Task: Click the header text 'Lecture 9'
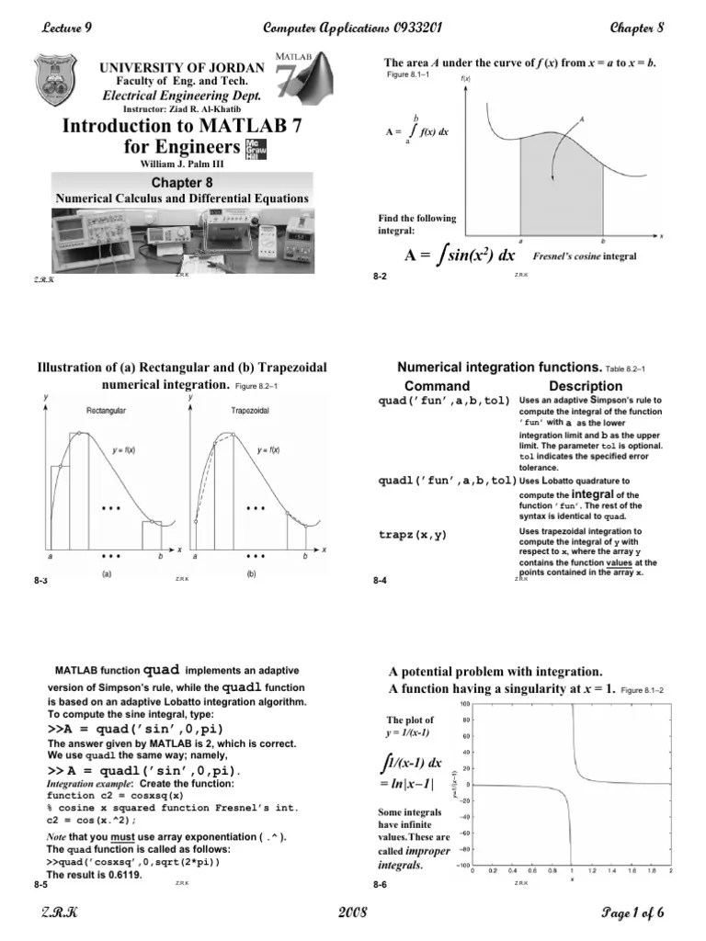pyautogui.click(x=67, y=28)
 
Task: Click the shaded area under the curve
pyautogui.click(x=561, y=188)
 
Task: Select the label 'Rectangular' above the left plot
pyautogui.click(x=106, y=410)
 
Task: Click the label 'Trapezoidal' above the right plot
pyautogui.click(x=250, y=410)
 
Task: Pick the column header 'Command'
pyautogui.click(x=437, y=386)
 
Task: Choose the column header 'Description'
pyautogui.click(x=586, y=386)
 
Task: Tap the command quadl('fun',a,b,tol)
pyautogui.click(x=447, y=480)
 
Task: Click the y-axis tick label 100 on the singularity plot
pyautogui.click(x=466, y=704)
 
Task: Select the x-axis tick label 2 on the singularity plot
pyautogui.click(x=670, y=871)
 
